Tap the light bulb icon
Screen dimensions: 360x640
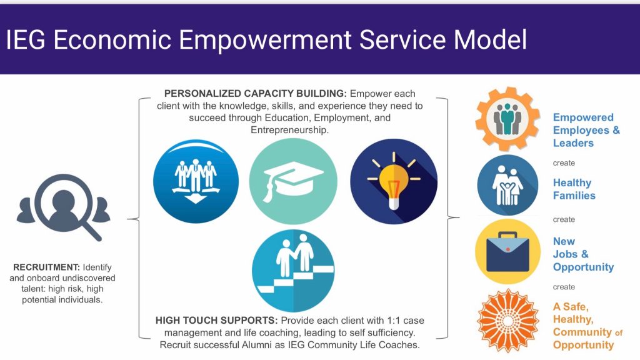pos(394,182)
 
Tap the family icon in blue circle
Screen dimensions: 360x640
pos(507,186)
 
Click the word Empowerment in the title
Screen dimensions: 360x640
pos(266,40)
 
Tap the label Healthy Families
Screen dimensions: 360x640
pos(574,189)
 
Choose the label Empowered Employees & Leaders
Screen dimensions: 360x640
pos(586,130)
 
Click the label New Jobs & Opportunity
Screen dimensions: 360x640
pos(582,254)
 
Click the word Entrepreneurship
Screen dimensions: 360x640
pos(289,129)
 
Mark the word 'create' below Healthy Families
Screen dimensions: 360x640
pos(564,219)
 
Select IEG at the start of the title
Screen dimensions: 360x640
pos(26,40)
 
